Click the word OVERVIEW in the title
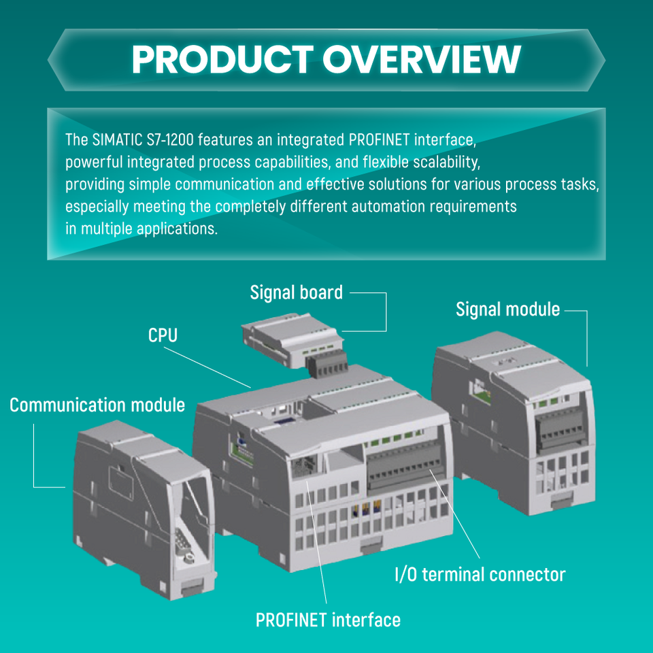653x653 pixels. tap(422, 60)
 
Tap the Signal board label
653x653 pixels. tap(296, 293)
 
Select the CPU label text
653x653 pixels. tap(163, 335)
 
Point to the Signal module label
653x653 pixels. tap(507, 309)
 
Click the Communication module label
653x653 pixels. tap(97, 405)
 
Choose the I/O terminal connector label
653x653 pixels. tap(480, 575)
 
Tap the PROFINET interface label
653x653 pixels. tap(328, 620)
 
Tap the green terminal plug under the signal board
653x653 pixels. tap(326, 368)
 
